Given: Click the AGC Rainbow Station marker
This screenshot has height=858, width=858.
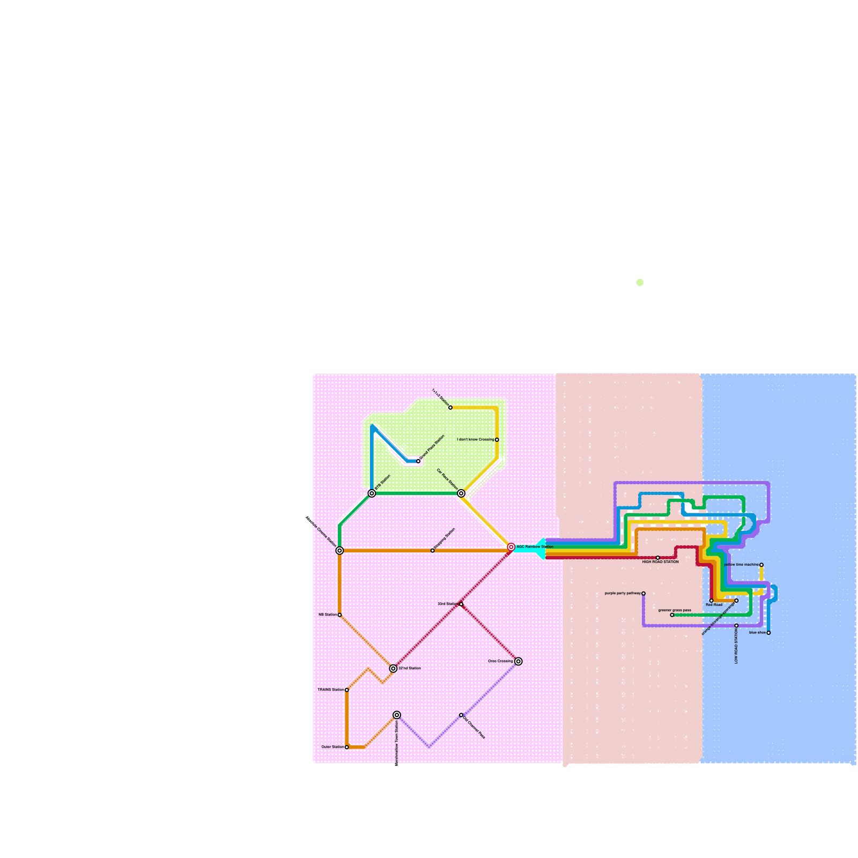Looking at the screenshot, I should [x=511, y=547].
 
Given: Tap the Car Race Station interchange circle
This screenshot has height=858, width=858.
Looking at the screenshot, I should [x=461, y=493].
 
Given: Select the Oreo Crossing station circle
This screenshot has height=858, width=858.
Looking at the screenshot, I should [x=519, y=661].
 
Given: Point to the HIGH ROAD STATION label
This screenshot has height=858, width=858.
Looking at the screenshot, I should [x=660, y=562].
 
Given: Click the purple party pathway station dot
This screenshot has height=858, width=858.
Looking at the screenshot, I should [x=643, y=594].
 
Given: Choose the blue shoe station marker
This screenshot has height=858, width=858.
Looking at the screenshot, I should [x=768, y=633].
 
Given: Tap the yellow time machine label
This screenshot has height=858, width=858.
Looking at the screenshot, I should [x=741, y=565].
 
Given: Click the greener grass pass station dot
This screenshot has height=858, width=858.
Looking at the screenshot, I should [x=672, y=615].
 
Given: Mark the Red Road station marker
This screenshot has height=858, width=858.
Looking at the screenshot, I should [x=712, y=601].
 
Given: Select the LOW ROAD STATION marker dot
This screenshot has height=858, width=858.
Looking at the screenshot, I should [x=736, y=626].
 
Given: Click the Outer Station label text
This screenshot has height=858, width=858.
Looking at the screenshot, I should [x=332, y=747].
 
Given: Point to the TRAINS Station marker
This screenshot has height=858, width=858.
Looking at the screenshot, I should [x=347, y=690].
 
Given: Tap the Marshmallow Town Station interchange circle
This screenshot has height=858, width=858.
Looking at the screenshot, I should [x=397, y=715].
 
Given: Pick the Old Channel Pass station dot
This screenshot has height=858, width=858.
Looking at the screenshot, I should [x=461, y=715].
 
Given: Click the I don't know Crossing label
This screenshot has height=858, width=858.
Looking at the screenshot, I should [x=475, y=440].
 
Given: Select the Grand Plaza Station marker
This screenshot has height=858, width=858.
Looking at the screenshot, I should [x=418, y=461].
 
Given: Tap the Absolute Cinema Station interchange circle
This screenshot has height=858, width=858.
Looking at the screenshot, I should [x=339, y=551].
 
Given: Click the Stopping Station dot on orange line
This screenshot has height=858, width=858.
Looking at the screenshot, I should [x=433, y=551].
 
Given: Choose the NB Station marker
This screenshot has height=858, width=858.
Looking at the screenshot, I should [x=339, y=615].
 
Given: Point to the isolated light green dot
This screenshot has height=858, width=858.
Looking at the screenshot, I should [x=640, y=283].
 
